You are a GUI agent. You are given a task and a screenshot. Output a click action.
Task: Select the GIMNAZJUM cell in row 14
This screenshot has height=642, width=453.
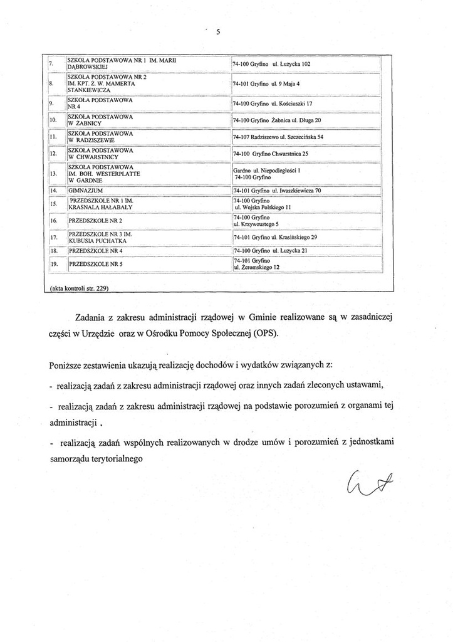point(85,189)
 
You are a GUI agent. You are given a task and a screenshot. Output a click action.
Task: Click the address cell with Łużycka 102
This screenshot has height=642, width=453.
point(271,64)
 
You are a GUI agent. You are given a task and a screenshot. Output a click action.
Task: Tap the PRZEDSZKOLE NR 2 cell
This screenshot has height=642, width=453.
point(95,221)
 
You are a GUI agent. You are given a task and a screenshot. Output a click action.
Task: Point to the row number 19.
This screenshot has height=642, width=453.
point(54,264)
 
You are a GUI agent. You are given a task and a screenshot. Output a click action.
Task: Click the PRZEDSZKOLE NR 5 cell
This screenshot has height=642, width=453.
point(95,264)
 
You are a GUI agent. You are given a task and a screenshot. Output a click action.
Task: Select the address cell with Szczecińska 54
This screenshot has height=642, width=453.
point(278,137)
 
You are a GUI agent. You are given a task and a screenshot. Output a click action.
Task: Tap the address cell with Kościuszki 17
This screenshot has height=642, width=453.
point(272,103)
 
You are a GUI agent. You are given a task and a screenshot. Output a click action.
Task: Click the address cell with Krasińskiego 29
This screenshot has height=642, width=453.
point(275,238)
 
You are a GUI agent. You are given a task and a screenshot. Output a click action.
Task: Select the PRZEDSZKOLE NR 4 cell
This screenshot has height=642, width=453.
point(95,250)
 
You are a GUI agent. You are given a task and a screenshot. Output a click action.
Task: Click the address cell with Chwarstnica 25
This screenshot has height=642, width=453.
point(271,154)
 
